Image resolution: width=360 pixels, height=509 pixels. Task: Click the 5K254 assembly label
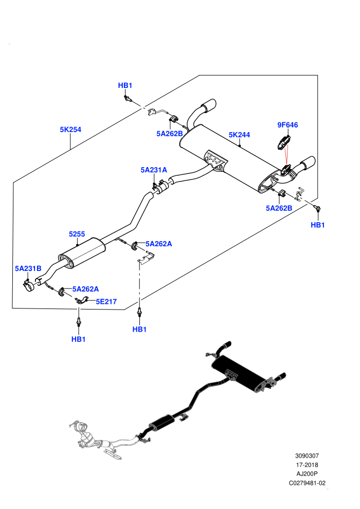[x=70, y=130]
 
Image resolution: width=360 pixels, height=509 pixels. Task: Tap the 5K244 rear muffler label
[x=239, y=135]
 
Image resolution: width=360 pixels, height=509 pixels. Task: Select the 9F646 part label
[x=287, y=125]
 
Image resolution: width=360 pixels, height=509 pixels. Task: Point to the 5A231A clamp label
[x=154, y=170]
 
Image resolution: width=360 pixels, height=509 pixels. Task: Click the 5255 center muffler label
[x=77, y=234]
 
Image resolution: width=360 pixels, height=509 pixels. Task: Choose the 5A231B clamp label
[x=28, y=268]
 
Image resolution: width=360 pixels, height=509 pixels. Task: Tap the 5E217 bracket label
[x=106, y=302]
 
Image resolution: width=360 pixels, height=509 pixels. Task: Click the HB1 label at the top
[x=125, y=85]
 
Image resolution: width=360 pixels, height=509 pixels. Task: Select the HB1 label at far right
[x=318, y=225]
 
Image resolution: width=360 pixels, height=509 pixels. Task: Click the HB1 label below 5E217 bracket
[x=78, y=339]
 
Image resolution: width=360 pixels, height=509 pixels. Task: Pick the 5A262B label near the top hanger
[x=170, y=134]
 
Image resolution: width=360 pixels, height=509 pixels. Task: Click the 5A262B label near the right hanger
[x=279, y=208]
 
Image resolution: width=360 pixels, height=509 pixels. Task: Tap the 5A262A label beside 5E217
[x=86, y=289]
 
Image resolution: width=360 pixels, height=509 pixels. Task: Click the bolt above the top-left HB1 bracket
[x=128, y=98]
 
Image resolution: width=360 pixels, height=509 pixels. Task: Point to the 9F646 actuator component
[x=283, y=143]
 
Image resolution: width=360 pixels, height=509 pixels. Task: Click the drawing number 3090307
[x=307, y=456]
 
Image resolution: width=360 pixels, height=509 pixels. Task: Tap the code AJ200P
[x=307, y=474]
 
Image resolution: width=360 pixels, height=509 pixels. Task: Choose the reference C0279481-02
[x=307, y=483]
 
